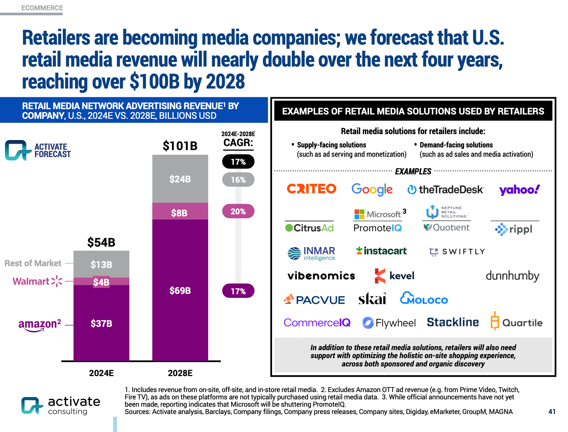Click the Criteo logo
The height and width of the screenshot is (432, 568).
click(312, 189)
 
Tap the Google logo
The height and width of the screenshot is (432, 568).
click(372, 189)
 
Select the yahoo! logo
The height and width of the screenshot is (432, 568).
click(519, 190)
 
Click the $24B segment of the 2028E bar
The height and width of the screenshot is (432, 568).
click(180, 179)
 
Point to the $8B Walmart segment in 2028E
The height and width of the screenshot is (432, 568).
click(180, 212)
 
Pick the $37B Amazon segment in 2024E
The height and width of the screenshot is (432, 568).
click(101, 323)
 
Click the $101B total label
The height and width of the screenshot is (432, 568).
click(180, 146)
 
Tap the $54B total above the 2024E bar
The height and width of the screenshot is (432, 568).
click(101, 242)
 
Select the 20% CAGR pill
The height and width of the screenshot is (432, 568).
click(238, 211)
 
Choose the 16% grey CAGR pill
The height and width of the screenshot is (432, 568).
click(238, 180)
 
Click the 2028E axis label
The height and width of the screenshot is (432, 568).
click(180, 373)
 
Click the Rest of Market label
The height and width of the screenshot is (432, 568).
click(33, 263)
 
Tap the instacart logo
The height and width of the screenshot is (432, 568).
click(381, 251)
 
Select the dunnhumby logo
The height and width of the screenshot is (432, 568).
click(512, 276)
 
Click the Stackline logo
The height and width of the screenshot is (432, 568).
click(453, 322)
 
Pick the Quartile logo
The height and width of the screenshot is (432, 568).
click(516, 322)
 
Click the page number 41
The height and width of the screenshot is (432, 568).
click(552, 412)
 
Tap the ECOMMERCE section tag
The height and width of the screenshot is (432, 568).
click(42, 8)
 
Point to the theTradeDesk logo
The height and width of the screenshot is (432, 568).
click(446, 190)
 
